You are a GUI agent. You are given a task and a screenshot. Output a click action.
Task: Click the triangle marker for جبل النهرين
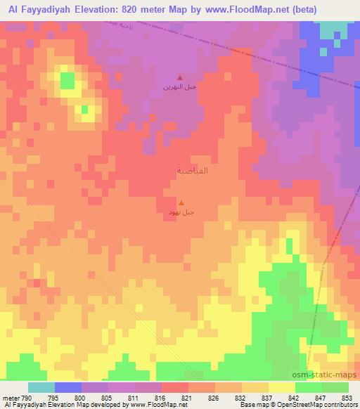[x=180, y=78]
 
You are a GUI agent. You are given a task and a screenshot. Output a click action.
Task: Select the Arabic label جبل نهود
[x=181, y=210]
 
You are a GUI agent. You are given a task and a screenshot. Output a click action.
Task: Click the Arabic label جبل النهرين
[x=181, y=89]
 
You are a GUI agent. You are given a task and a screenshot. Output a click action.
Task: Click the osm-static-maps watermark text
[x=329, y=376]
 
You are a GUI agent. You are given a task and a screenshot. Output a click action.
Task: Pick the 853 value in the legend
[x=347, y=398]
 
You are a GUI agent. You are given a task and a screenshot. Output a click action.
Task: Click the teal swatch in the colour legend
[x=41, y=387]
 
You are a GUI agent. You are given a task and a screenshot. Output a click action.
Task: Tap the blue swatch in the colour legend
[x=67, y=387]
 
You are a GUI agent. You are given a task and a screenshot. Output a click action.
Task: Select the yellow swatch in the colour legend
[x=281, y=387]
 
